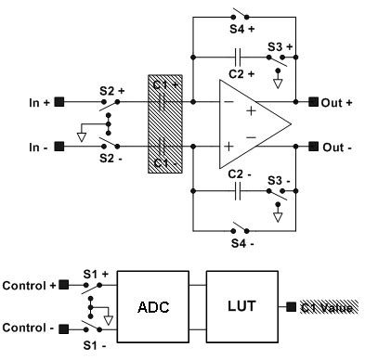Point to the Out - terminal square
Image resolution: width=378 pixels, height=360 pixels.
312,146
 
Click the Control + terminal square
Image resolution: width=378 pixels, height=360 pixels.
63,286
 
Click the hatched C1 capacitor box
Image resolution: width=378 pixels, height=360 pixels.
163,123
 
